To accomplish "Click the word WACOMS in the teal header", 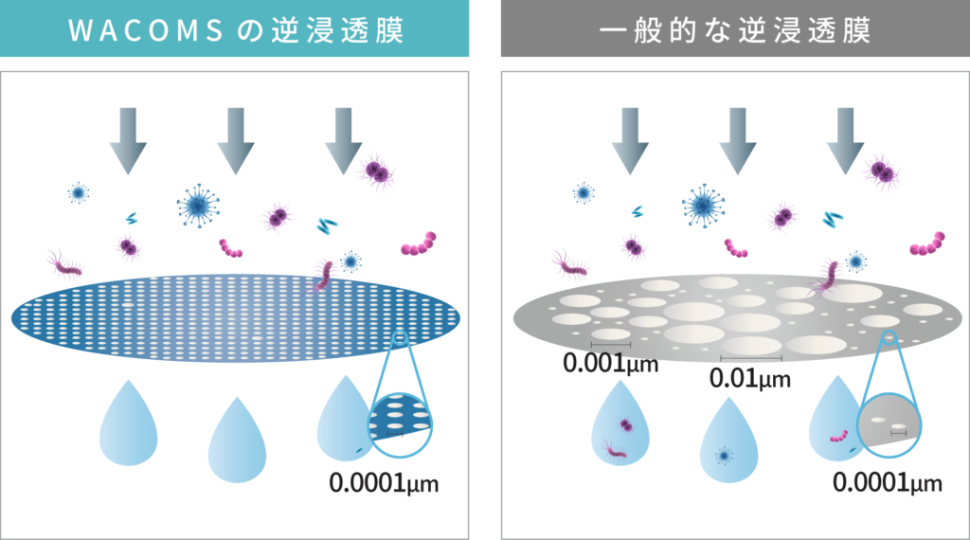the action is [x=146, y=30].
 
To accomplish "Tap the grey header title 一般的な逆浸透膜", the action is [x=735, y=30].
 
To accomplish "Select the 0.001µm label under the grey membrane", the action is [x=611, y=363].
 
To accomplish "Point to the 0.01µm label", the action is [x=750, y=378].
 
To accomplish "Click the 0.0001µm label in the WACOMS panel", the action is [x=384, y=482].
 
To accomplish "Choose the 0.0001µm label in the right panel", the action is [x=887, y=482].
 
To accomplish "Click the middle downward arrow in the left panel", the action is [x=236, y=141].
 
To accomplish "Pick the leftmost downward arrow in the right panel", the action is [x=630, y=141].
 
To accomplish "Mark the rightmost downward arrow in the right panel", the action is [x=846, y=141].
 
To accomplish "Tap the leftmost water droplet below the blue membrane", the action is [x=129, y=424].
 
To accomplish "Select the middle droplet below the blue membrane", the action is [x=237, y=441].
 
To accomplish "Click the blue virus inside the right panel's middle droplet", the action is [x=724, y=456].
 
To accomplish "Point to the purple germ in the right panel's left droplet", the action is [x=625, y=425].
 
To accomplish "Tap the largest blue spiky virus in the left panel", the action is [x=198, y=206].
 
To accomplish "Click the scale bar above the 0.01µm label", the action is [x=751, y=357].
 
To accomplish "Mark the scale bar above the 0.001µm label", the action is [x=611, y=344].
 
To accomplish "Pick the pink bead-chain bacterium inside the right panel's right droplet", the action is [x=839, y=437].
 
